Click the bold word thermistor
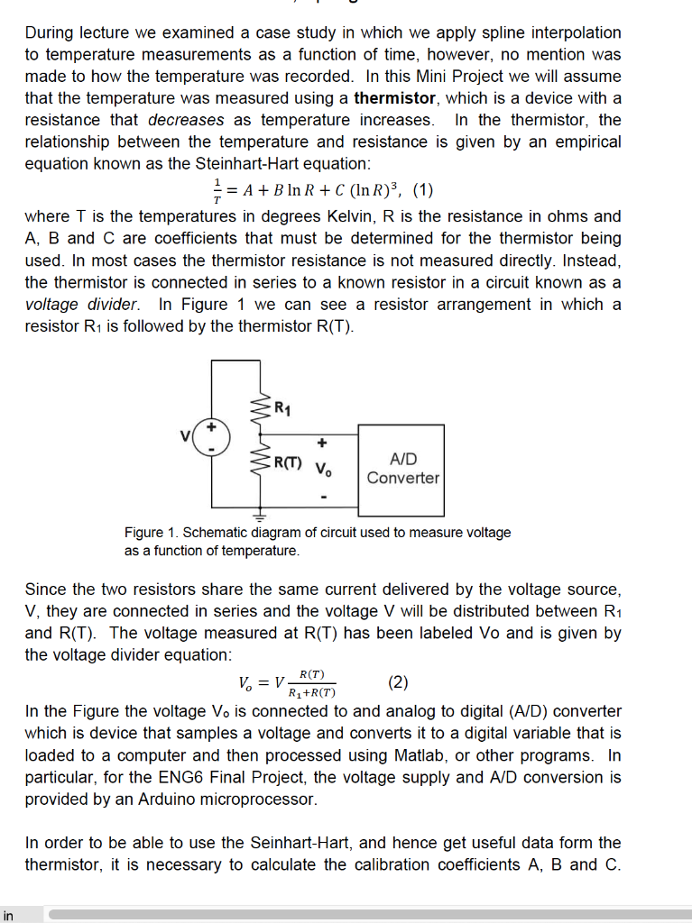pyautogui.click(x=395, y=98)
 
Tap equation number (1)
pyautogui.click(x=422, y=190)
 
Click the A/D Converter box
pyautogui.click(x=401, y=469)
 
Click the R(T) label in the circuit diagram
pyautogui.click(x=288, y=465)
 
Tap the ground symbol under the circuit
pyautogui.click(x=260, y=517)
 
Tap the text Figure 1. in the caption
pyautogui.click(x=144, y=533)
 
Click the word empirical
pyautogui.click(x=584, y=142)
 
